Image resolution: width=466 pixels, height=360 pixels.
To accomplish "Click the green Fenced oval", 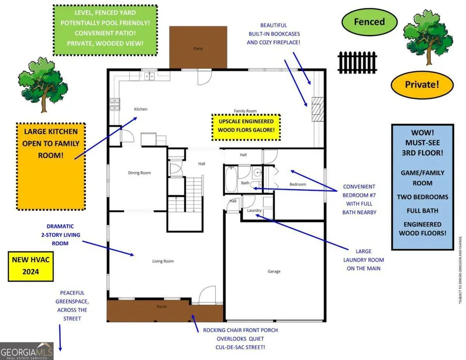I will (x=369, y=23).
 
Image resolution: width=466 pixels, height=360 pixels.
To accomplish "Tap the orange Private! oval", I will (x=422, y=85).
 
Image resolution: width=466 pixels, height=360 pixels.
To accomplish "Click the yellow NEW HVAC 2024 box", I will (x=31, y=267).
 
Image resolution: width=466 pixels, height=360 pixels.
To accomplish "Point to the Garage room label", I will (x=274, y=271).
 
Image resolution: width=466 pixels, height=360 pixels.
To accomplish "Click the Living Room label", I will (x=163, y=261).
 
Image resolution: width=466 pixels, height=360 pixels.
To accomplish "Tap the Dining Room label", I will (x=138, y=172).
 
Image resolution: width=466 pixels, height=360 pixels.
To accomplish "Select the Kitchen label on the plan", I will (x=140, y=109).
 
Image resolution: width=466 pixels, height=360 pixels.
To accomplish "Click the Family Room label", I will (x=246, y=111).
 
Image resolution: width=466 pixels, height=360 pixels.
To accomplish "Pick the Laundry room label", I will (x=254, y=211).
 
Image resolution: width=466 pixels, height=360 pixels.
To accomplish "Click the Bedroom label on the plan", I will (x=298, y=184).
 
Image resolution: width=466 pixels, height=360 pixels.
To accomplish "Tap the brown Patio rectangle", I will (x=198, y=47).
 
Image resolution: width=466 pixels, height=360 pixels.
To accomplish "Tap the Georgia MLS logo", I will (x=27, y=350).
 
